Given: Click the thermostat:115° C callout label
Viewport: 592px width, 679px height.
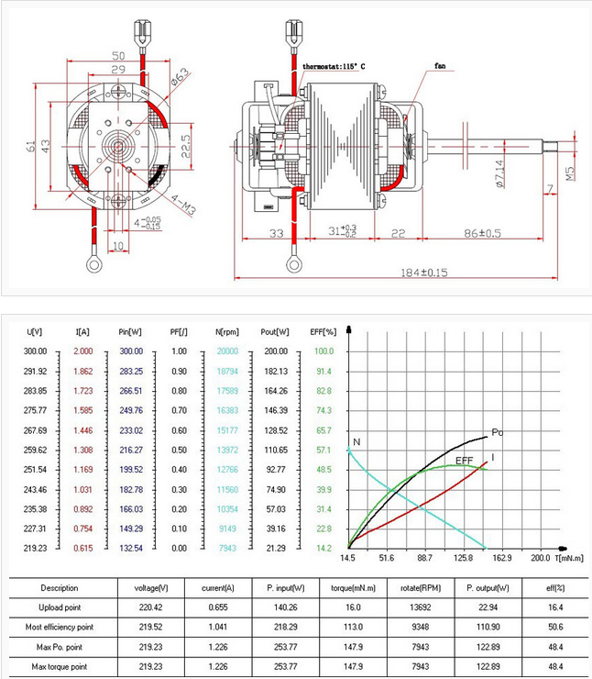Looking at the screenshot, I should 334,67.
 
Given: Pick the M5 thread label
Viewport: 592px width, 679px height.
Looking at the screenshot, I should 569,172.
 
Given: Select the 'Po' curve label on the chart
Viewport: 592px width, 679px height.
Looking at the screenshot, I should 498,432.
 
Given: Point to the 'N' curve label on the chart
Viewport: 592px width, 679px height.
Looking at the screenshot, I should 356,442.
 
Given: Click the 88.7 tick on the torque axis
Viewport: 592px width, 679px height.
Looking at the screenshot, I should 424,557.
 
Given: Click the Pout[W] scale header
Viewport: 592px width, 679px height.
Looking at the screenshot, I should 275,331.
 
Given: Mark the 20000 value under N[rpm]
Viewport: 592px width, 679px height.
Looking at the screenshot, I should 226,351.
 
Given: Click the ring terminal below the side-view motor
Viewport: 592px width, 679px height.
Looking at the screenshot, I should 293,265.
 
